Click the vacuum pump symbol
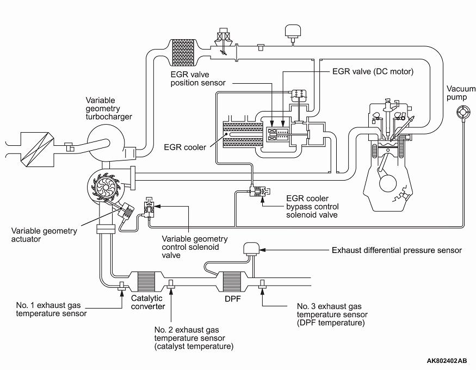[x=463, y=113]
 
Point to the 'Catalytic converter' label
[x=148, y=303]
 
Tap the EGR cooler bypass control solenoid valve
[x=257, y=191]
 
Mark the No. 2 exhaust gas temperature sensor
[x=171, y=283]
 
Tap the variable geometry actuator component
[x=128, y=210]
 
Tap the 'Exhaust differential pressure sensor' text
[x=397, y=250]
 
